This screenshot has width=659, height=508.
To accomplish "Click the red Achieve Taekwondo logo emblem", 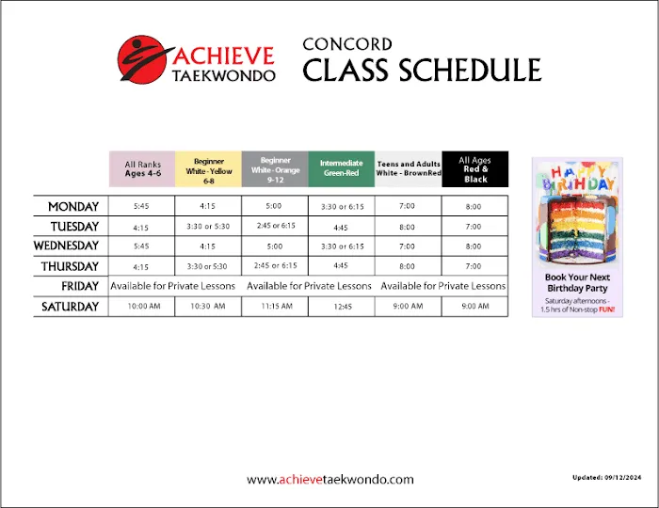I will point(142,58).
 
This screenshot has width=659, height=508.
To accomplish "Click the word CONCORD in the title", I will point(347,44).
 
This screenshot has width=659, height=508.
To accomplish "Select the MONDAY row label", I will point(73,206).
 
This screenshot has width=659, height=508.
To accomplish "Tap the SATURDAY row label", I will point(70,307).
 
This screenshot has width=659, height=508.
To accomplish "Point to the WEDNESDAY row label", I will point(66,246).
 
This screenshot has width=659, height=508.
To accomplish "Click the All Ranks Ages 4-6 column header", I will point(142,169).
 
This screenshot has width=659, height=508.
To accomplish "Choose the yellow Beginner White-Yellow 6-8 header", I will point(208,169).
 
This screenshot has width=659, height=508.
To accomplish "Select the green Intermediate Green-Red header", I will point(341,169).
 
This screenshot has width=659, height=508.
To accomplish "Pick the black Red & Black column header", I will point(475,169).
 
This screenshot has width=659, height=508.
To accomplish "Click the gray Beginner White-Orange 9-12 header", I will point(275,169).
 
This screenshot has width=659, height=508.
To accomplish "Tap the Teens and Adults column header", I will point(409,169).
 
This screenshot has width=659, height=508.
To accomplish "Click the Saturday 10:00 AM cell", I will point(141,307).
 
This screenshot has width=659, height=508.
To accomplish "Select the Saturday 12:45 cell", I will point(341,307).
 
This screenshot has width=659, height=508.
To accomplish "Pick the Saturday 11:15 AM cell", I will point(275,307).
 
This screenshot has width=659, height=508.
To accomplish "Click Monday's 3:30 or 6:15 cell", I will point(341,206).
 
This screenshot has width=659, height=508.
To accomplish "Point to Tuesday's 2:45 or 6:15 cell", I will point(275,226).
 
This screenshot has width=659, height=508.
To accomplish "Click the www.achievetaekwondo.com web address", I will point(329,480).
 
